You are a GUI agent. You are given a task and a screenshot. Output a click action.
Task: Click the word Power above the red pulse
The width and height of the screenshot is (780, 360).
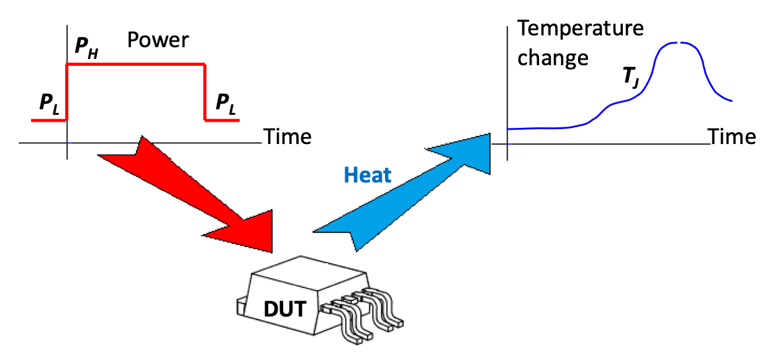point(158,40)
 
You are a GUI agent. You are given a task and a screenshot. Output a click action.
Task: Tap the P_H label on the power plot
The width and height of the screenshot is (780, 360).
point(86,47)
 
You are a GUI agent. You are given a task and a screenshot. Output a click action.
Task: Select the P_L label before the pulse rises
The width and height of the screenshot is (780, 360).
point(50,104)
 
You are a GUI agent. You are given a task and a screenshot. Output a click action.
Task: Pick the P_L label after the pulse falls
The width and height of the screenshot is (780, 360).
point(225,104)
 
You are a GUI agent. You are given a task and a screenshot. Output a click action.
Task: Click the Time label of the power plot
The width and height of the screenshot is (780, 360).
point(288,137)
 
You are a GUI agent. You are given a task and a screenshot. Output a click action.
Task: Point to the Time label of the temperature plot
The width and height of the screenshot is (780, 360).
point(732,137)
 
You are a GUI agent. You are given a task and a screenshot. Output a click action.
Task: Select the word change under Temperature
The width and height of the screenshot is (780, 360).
point(553,58)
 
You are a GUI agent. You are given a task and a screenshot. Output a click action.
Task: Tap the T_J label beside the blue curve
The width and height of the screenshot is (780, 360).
point(631,78)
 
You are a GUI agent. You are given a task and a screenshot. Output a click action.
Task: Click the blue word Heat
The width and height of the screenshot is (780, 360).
point(368,175)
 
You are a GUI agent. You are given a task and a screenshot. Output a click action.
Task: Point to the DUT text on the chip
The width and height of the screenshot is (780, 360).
point(285,309)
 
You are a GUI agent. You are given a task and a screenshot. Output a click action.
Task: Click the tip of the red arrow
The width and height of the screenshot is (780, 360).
point(272,253)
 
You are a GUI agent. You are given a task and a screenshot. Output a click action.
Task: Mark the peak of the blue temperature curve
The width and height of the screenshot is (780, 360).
point(678,42)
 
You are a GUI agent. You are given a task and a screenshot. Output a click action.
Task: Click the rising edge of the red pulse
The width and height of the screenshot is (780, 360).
point(67,92)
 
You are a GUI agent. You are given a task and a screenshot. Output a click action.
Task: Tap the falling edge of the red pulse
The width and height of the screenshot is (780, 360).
point(205,92)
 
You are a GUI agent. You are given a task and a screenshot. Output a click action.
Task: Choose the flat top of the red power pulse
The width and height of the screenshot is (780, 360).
point(136,64)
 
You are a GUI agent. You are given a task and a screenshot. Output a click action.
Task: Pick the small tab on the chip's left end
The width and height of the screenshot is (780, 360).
point(241,307)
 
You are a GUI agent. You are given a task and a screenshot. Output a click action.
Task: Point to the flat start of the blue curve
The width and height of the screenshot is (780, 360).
point(540,128)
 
